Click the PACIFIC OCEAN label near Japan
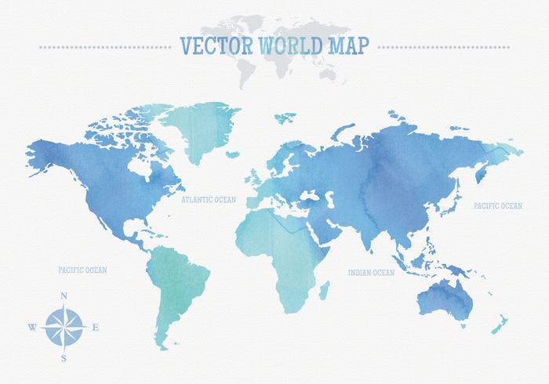[x=497, y=206]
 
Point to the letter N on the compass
[x=63, y=295]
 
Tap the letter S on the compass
[x=64, y=357]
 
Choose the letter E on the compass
[x=95, y=326]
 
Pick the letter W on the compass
[x=31, y=326]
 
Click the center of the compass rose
[x=64, y=326]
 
